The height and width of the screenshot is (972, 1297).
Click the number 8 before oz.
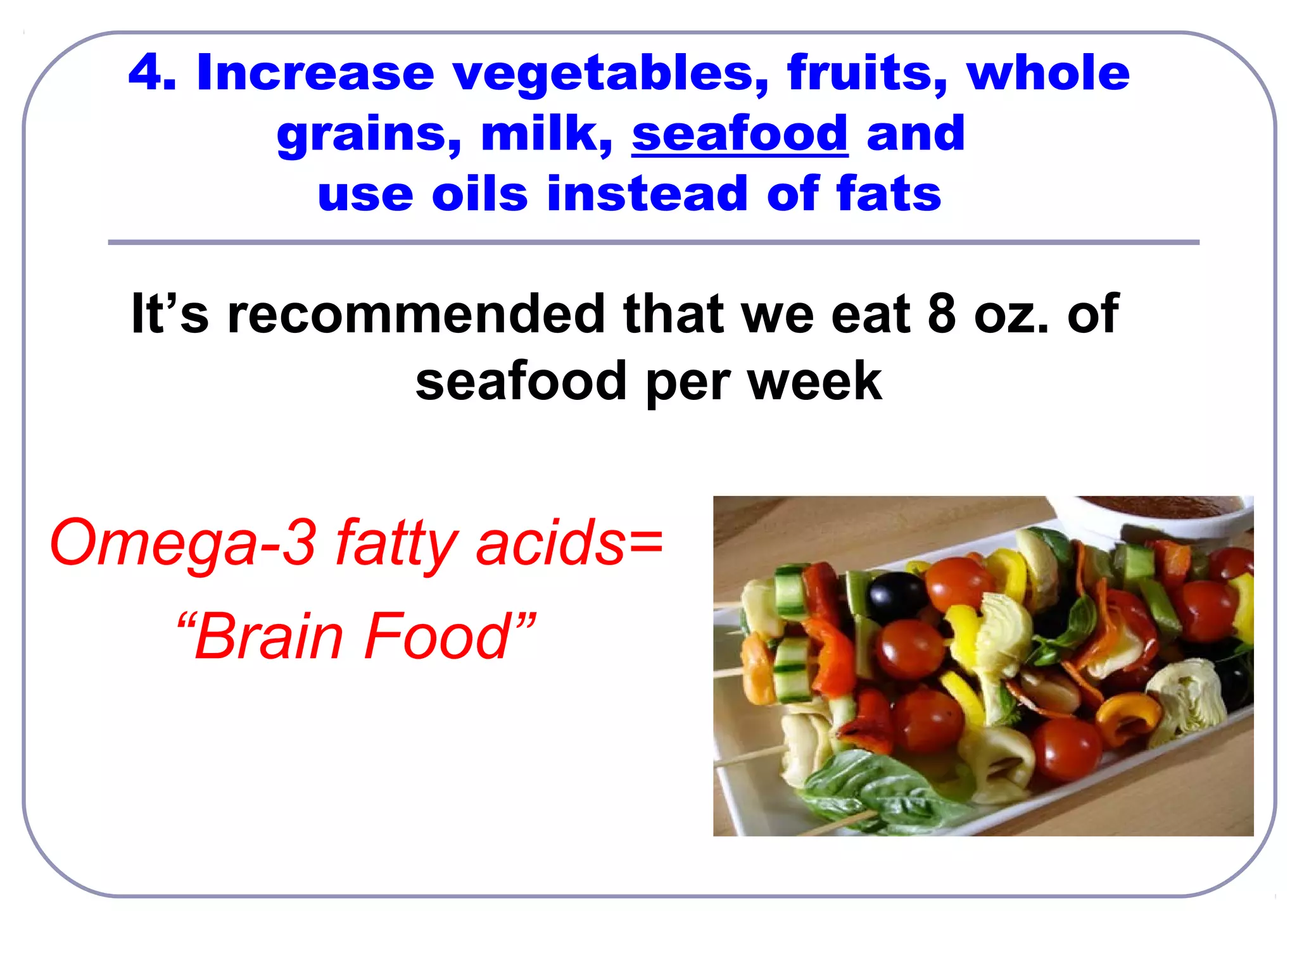(x=942, y=314)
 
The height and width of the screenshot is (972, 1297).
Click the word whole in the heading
(x=1047, y=73)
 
